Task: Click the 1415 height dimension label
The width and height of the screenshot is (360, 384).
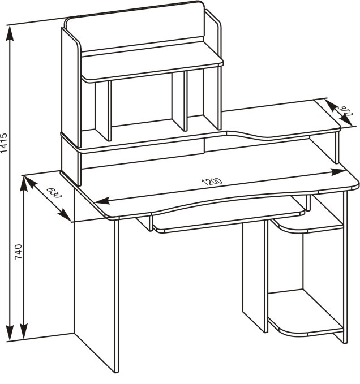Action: pyautogui.click(x=4, y=143)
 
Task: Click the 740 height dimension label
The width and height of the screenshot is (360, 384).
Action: pyautogui.click(x=18, y=252)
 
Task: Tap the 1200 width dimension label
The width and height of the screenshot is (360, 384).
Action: pyautogui.click(x=212, y=182)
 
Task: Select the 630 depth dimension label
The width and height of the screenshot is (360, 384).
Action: pyautogui.click(x=54, y=192)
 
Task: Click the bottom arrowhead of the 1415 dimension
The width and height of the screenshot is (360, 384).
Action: pyautogui.click(x=10, y=333)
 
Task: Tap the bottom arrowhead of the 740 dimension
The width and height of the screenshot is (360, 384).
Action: pyautogui.click(x=24, y=331)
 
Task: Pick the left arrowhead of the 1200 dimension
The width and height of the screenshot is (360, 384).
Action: pyautogui.click(x=102, y=201)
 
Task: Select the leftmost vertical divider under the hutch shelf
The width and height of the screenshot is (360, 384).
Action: pyautogui.click(x=103, y=110)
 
